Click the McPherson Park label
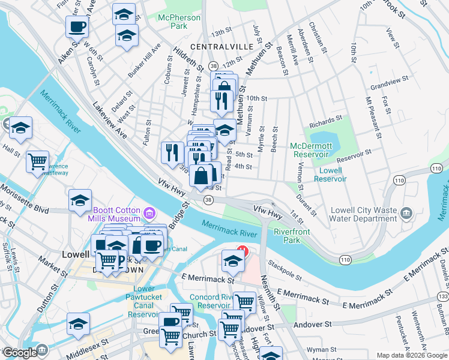[179, 22]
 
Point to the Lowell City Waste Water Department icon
[406, 213]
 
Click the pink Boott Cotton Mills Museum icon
[149, 213]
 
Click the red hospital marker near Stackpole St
[243, 250]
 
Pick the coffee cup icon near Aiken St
[77, 26]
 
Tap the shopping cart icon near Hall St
[37, 161]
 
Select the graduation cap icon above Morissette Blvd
[80, 201]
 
